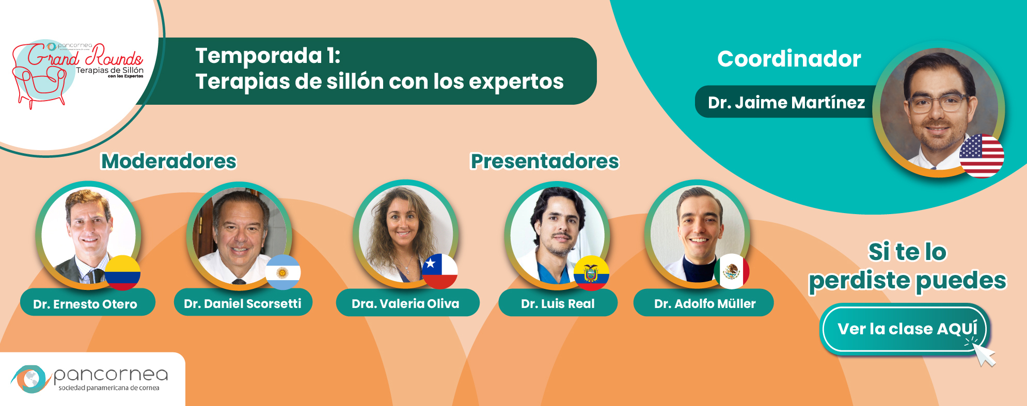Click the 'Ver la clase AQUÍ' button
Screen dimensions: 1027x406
[904, 329]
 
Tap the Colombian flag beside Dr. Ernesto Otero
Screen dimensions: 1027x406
[123, 273]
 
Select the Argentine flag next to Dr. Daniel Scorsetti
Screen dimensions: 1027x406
[282, 272]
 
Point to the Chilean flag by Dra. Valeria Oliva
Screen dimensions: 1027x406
[440, 271]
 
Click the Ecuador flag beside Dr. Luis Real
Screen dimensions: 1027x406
[592, 273]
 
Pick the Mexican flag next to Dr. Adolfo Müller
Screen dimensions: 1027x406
[732, 271]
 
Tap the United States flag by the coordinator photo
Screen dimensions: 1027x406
[982, 156]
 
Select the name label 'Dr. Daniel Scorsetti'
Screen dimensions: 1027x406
[243, 303]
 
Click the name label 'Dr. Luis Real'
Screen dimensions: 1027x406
[558, 303]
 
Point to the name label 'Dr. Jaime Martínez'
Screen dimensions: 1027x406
[786, 102]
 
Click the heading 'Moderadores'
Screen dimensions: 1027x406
[169, 161]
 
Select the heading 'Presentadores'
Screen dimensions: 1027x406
[545, 161]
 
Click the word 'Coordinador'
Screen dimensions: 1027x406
[789, 59]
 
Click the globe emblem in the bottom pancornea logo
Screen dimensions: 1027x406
[30, 379]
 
